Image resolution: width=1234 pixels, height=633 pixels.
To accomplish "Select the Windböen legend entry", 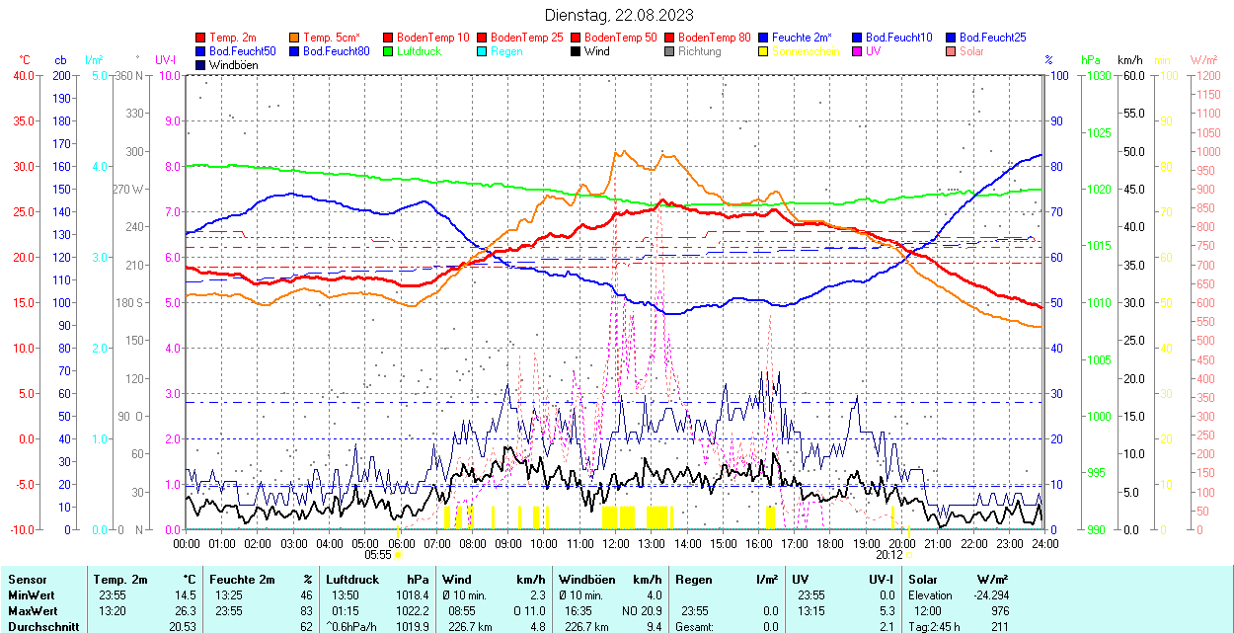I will [x=230, y=65].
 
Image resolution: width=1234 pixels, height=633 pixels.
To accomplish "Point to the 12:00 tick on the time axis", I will [x=616, y=543].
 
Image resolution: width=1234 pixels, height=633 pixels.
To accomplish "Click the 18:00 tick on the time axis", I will [x=830, y=543].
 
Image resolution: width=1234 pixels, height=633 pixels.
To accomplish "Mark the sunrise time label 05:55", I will [x=378, y=555].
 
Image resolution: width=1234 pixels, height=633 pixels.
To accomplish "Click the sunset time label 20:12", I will [x=888, y=555].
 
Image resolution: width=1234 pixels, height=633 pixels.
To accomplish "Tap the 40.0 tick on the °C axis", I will [x=20, y=75].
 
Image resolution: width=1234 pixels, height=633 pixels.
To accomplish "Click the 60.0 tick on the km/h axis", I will [x=1131, y=75].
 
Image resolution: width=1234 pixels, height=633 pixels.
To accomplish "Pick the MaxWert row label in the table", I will [x=33, y=610].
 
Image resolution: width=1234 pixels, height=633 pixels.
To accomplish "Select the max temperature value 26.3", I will [x=183, y=610].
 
